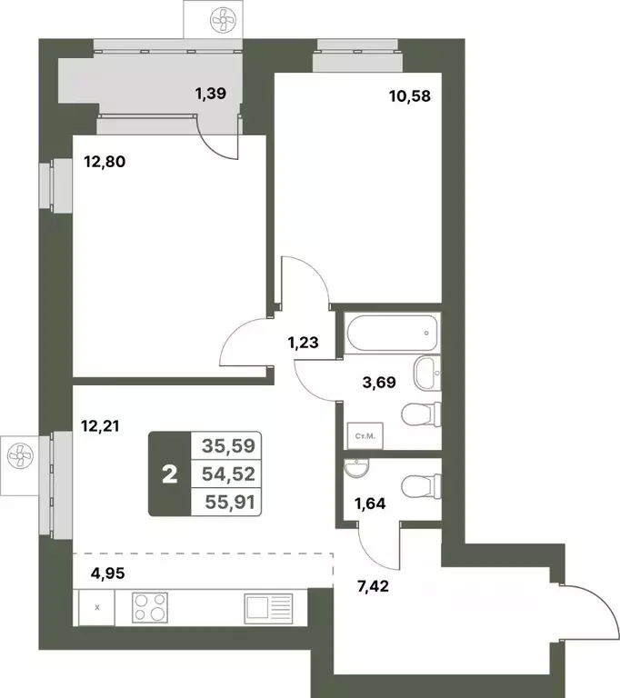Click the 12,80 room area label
click(104, 164)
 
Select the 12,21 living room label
click(100, 424)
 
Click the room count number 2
click(168, 474)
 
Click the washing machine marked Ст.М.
click(361, 436)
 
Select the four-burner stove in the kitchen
click(152, 606)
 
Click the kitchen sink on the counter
click(268, 606)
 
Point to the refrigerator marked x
click(97, 606)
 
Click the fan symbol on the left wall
click(18, 451)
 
